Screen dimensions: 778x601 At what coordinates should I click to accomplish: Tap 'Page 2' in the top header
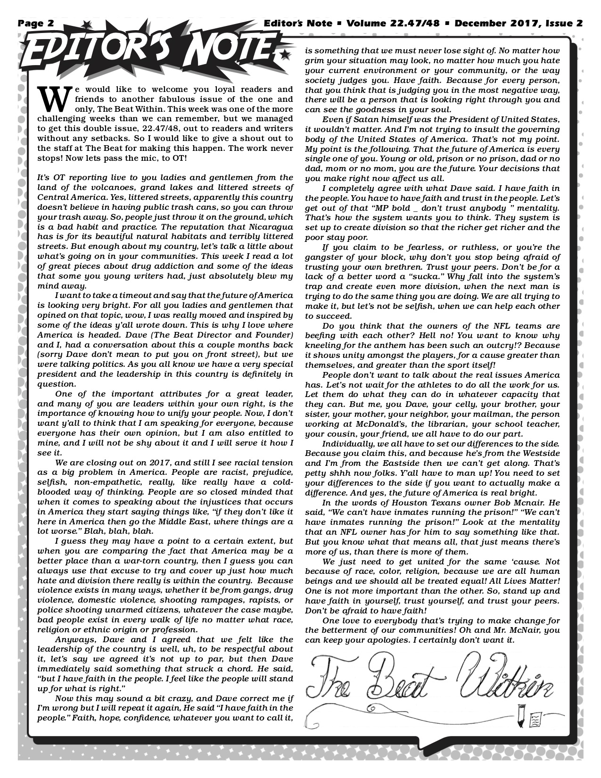[36, 24]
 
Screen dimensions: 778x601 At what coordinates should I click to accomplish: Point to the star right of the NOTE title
[283, 56]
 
